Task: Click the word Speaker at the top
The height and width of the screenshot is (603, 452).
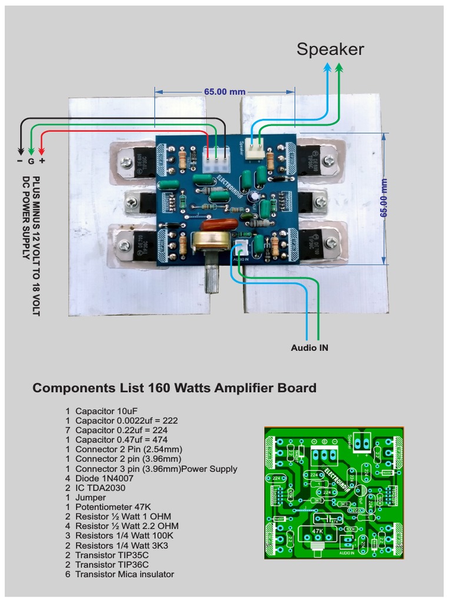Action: coord(330,49)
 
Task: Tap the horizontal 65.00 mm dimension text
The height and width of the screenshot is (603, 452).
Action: coord(224,92)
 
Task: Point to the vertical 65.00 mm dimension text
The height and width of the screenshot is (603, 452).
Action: coord(383,198)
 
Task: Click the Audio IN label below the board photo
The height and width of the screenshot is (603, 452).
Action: coord(310,348)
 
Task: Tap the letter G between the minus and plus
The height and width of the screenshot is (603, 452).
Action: coord(31,161)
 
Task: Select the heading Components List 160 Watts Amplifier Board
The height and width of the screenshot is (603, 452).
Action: coord(174,388)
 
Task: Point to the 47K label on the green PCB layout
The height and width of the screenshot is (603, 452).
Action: coord(318,531)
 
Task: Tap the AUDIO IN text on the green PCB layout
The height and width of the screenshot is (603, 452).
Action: coord(347,553)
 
